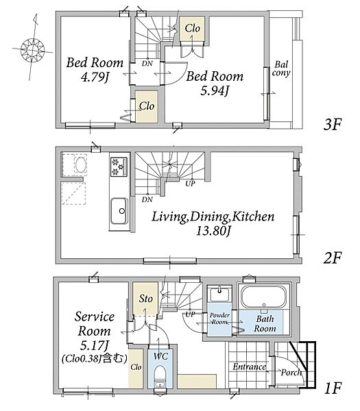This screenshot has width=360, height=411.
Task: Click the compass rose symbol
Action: (32, 49)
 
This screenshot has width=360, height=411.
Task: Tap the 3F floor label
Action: (332, 124)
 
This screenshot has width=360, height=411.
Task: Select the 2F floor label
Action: (332, 258)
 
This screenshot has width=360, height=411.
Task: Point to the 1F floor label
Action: (333, 388)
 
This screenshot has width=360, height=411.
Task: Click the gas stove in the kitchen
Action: (119, 166)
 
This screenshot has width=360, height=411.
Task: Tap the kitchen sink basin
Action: (119, 211)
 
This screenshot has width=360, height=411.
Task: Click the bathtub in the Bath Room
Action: (264, 297)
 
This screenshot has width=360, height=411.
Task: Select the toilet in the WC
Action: (160, 376)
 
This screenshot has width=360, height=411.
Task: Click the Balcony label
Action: (281, 68)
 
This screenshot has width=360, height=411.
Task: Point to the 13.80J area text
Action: (213, 232)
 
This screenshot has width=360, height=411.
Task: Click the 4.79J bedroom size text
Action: (95, 77)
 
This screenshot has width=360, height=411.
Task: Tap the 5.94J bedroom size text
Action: (215, 90)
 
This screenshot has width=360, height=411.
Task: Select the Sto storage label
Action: (145, 299)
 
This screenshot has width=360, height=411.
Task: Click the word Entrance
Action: (250, 366)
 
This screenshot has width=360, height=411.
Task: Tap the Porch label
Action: (291, 373)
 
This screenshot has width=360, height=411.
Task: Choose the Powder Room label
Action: (219, 319)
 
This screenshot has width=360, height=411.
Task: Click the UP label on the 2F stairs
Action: (190, 184)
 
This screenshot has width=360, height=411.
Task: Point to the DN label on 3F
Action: (147, 63)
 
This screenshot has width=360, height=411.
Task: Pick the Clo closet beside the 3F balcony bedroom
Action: (192, 29)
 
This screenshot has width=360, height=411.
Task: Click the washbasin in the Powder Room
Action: (219, 294)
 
